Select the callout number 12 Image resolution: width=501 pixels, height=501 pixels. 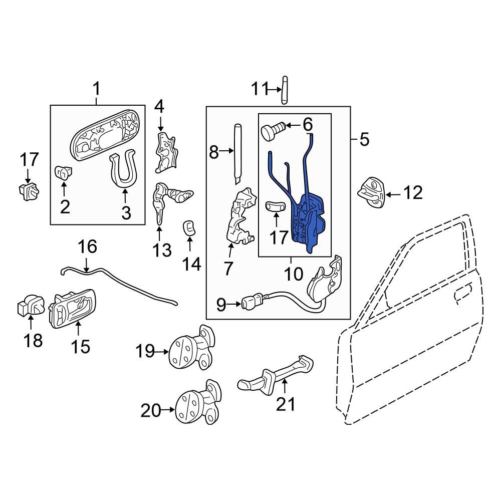point(413,193)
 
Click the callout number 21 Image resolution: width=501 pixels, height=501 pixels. point(286,403)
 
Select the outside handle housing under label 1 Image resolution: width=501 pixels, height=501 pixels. point(105,132)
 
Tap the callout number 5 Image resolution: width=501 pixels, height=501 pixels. point(364,139)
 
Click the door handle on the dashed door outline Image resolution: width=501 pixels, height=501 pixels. point(463,293)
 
